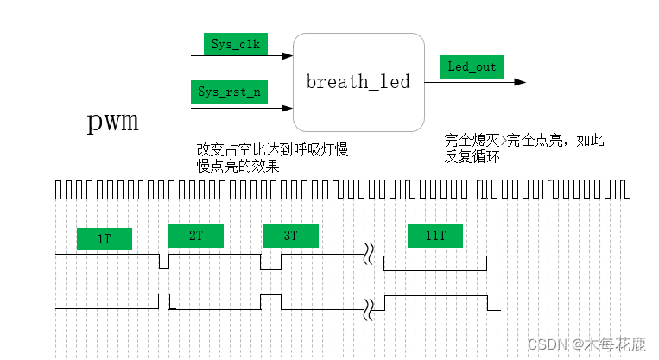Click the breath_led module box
(x=358, y=82)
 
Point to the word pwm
(x=113, y=121)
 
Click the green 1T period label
(x=105, y=238)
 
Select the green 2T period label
(x=195, y=235)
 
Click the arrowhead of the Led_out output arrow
(x=521, y=83)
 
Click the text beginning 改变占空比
(x=272, y=158)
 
